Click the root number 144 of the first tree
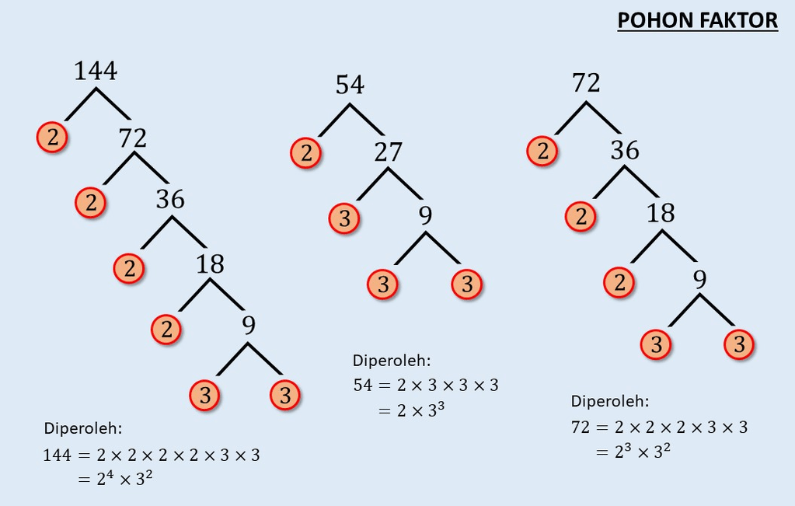point(95,71)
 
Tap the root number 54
point(350,85)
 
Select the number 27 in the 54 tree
point(388,152)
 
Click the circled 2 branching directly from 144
point(52,138)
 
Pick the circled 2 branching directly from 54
point(306,152)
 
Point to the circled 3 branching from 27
point(344,218)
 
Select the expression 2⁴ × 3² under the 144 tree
point(124,480)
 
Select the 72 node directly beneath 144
point(133,138)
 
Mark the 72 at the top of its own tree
point(586,82)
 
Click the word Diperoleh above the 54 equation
point(391,361)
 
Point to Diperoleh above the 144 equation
point(83,428)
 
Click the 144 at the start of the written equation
point(57,455)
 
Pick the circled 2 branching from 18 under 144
point(166,329)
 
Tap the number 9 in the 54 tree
point(425,216)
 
